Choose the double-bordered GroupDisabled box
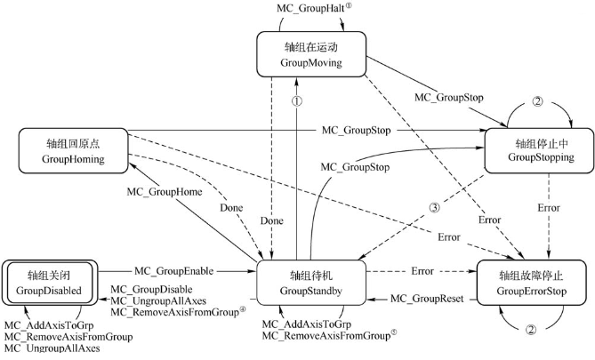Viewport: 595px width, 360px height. tap(51, 283)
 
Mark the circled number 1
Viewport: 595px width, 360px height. tap(297, 101)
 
